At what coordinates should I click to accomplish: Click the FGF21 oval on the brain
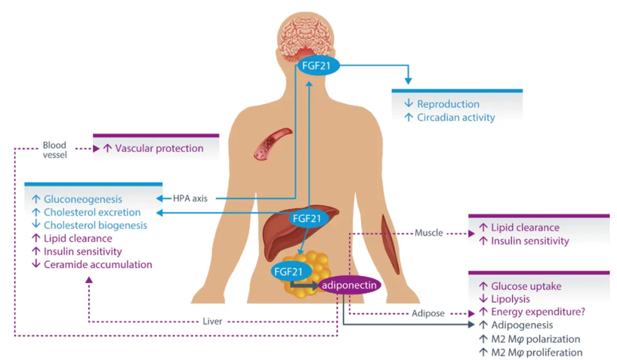click(x=317, y=66)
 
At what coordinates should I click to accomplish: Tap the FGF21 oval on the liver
click(x=306, y=220)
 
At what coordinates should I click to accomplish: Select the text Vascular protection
click(x=160, y=148)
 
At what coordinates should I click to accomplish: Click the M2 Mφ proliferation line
click(x=539, y=352)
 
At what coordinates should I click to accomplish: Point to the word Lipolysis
click(x=514, y=299)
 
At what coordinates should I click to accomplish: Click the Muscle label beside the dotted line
click(x=429, y=231)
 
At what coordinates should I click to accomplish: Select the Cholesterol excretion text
click(x=92, y=212)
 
